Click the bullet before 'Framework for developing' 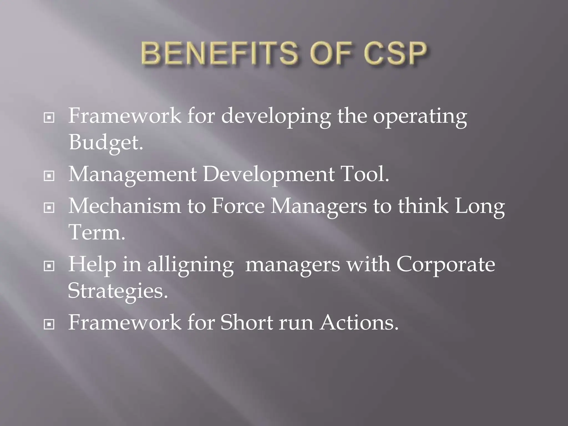(x=49, y=118)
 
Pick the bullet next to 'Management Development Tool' (x=49, y=176)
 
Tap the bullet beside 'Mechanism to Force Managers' (x=49, y=207)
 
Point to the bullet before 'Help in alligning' (x=49, y=266)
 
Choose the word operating (x=420, y=116)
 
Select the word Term (x=96, y=232)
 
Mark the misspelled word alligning (x=190, y=265)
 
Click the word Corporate (x=445, y=265)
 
